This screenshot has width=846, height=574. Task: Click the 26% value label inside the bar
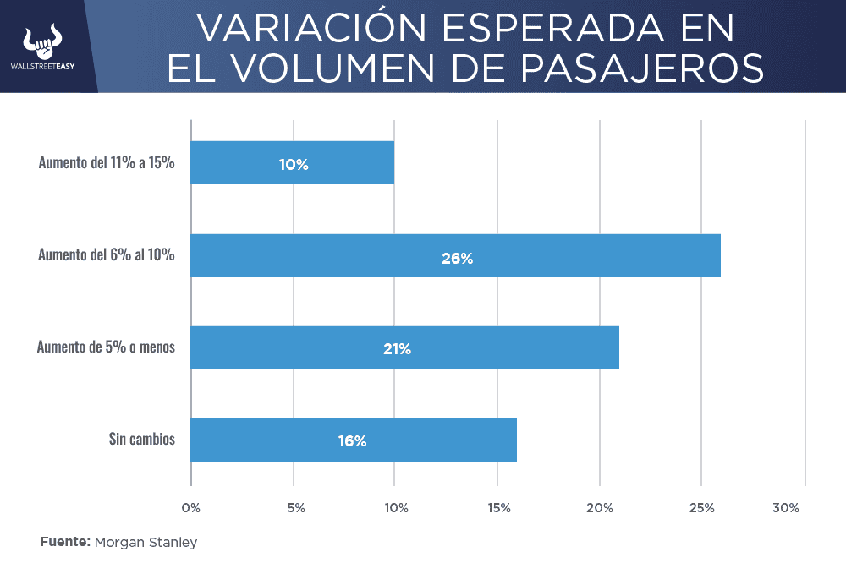tap(457, 259)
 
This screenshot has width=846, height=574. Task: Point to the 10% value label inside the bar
tap(294, 165)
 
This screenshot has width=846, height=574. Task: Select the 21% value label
tap(397, 348)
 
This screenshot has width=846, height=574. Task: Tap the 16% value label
tap(352, 440)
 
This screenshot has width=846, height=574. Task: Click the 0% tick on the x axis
tap(191, 508)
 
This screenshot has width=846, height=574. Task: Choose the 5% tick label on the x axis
tap(295, 508)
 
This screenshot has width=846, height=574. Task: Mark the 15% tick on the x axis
tap(498, 508)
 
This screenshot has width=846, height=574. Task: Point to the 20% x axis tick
tap(601, 508)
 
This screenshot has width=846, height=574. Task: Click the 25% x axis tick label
tap(702, 508)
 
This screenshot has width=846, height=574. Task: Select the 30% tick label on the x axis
tap(786, 508)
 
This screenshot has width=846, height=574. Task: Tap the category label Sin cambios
tap(141, 439)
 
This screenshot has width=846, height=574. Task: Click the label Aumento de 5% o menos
tap(106, 347)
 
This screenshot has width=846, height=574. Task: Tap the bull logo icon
tap(44, 39)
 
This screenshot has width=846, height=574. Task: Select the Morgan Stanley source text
tap(146, 542)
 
